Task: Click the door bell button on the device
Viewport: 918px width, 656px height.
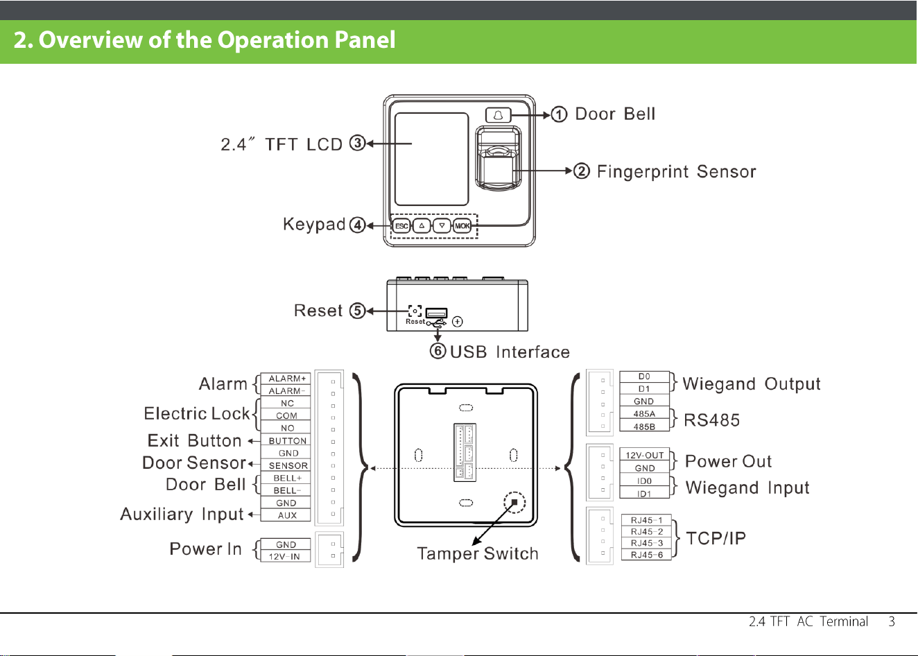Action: (498, 115)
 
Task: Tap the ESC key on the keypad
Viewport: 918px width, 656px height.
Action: (401, 226)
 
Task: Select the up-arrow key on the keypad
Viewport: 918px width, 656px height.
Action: (422, 226)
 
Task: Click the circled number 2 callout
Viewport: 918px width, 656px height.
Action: (581, 171)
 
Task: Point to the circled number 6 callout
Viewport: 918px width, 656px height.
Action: (438, 351)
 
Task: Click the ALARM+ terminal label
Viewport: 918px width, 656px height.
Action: (287, 379)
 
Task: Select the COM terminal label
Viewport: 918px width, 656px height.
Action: (286, 416)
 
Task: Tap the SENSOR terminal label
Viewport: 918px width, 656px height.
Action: (288, 466)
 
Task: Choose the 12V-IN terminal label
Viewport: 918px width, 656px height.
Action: (284, 557)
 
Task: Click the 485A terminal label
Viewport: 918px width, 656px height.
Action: (644, 414)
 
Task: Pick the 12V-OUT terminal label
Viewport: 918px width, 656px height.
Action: (644, 456)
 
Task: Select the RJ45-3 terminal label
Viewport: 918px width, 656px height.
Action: (647, 543)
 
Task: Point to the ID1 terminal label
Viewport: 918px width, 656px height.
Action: (644, 494)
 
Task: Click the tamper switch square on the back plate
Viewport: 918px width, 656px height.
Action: (514, 502)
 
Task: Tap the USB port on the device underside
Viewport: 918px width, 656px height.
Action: (436, 313)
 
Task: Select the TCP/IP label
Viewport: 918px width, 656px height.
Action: (716, 538)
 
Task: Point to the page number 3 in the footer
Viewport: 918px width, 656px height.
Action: (892, 621)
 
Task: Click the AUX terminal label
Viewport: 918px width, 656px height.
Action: (287, 516)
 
